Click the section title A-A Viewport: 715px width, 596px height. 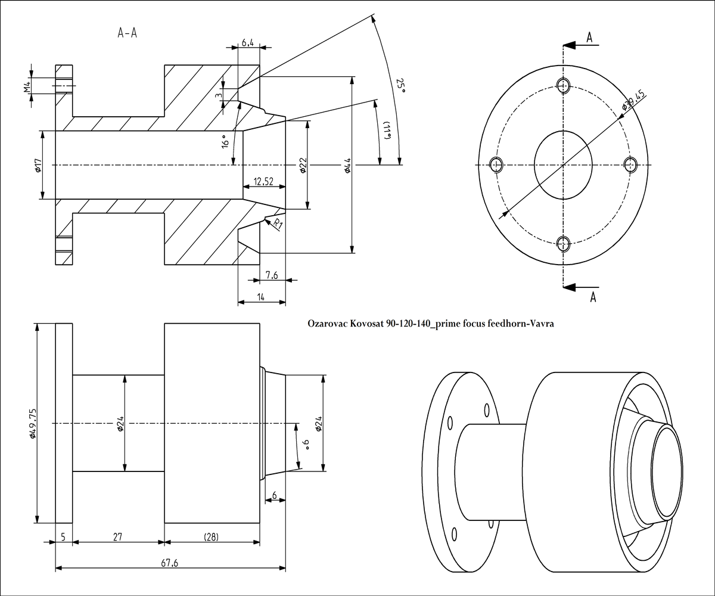(x=128, y=33)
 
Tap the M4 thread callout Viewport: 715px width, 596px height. (x=27, y=87)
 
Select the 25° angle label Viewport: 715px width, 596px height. (x=401, y=87)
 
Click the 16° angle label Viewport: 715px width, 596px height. (x=225, y=144)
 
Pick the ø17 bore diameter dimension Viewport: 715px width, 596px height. (x=37, y=164)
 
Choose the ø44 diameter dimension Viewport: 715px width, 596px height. (x=347, y=165)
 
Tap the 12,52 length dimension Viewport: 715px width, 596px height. (x=263, y=181)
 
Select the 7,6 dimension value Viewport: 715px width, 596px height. (x=272, y=275)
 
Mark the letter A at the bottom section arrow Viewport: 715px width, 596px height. (x=593, y=297)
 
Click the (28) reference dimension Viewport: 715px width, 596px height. (x=211, y=536)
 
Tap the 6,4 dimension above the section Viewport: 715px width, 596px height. (x=248, y=43)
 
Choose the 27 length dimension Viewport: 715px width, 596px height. (x=117, y=536)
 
